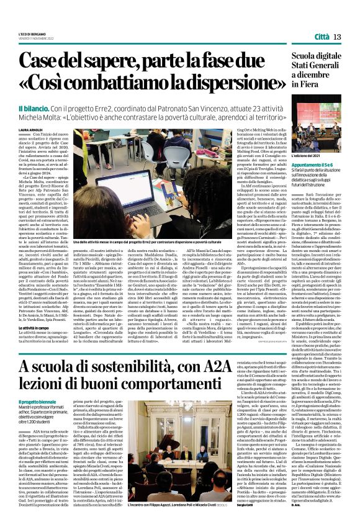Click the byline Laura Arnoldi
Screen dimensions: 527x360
tap(34, 130)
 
